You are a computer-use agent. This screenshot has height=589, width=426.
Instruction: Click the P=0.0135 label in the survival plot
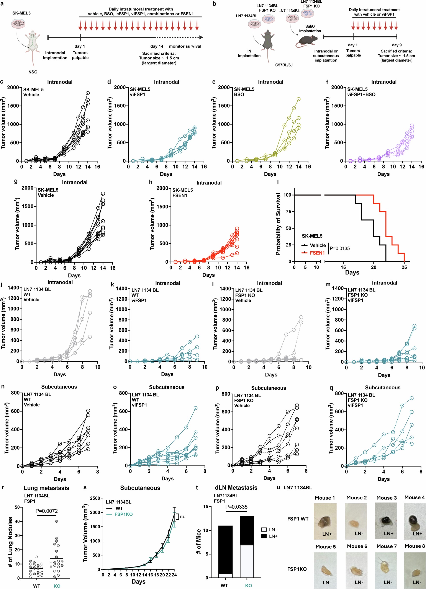tap(340, 248)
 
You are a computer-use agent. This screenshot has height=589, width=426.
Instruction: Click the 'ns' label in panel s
tap(182, 517)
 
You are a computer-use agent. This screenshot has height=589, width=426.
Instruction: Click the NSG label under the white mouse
tap(33, 72)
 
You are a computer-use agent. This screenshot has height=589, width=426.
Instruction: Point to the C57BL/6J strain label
tap(284, 65)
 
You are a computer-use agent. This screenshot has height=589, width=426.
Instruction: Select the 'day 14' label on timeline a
tap(157, 46)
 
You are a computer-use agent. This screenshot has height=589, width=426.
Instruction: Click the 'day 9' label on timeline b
tap(397, 45)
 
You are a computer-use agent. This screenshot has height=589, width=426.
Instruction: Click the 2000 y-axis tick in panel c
tap(13, 88)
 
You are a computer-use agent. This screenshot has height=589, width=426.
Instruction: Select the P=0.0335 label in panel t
tap(236, 507)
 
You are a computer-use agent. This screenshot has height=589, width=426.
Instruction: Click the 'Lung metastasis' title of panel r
tap(46, 488)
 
